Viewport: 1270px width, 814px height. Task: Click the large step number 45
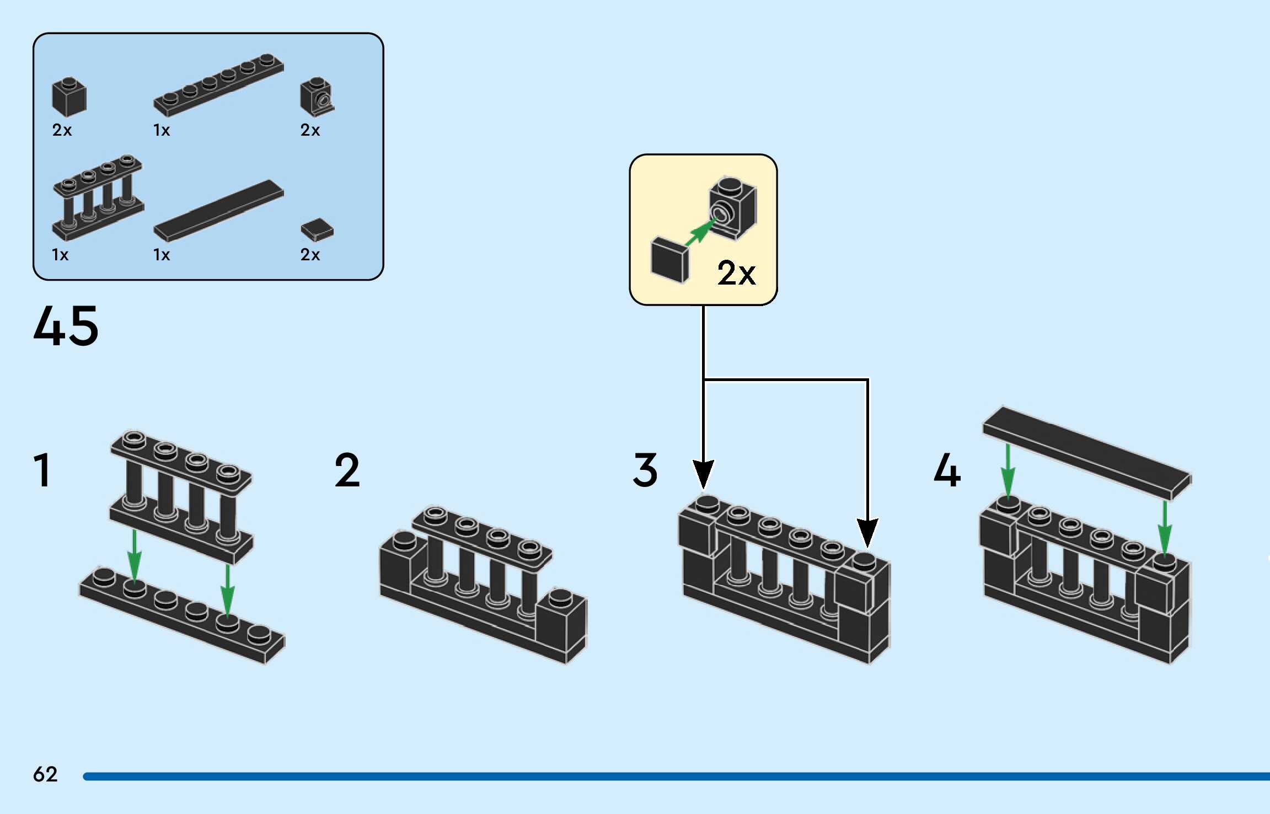66,326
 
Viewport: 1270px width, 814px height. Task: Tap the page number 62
45,774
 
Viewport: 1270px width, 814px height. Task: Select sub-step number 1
43,470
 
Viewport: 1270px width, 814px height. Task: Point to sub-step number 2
347,470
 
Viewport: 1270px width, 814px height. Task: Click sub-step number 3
645,470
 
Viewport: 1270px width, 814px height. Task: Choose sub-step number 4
947,470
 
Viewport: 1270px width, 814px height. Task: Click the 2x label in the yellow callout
736,273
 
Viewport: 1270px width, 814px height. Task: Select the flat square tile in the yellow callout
669,260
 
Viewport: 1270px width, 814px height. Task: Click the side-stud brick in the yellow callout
733,208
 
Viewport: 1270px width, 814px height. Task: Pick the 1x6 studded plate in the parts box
218,85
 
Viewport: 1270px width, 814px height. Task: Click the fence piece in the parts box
98,197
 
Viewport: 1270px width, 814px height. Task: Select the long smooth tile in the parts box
218,211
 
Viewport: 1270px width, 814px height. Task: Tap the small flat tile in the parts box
317,230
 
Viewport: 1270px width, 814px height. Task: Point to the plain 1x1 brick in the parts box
69,97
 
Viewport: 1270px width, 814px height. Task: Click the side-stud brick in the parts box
317,97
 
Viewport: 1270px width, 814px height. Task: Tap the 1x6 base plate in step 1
182,615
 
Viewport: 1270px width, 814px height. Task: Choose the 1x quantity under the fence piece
60,255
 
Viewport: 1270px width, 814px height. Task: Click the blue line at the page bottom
676,776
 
